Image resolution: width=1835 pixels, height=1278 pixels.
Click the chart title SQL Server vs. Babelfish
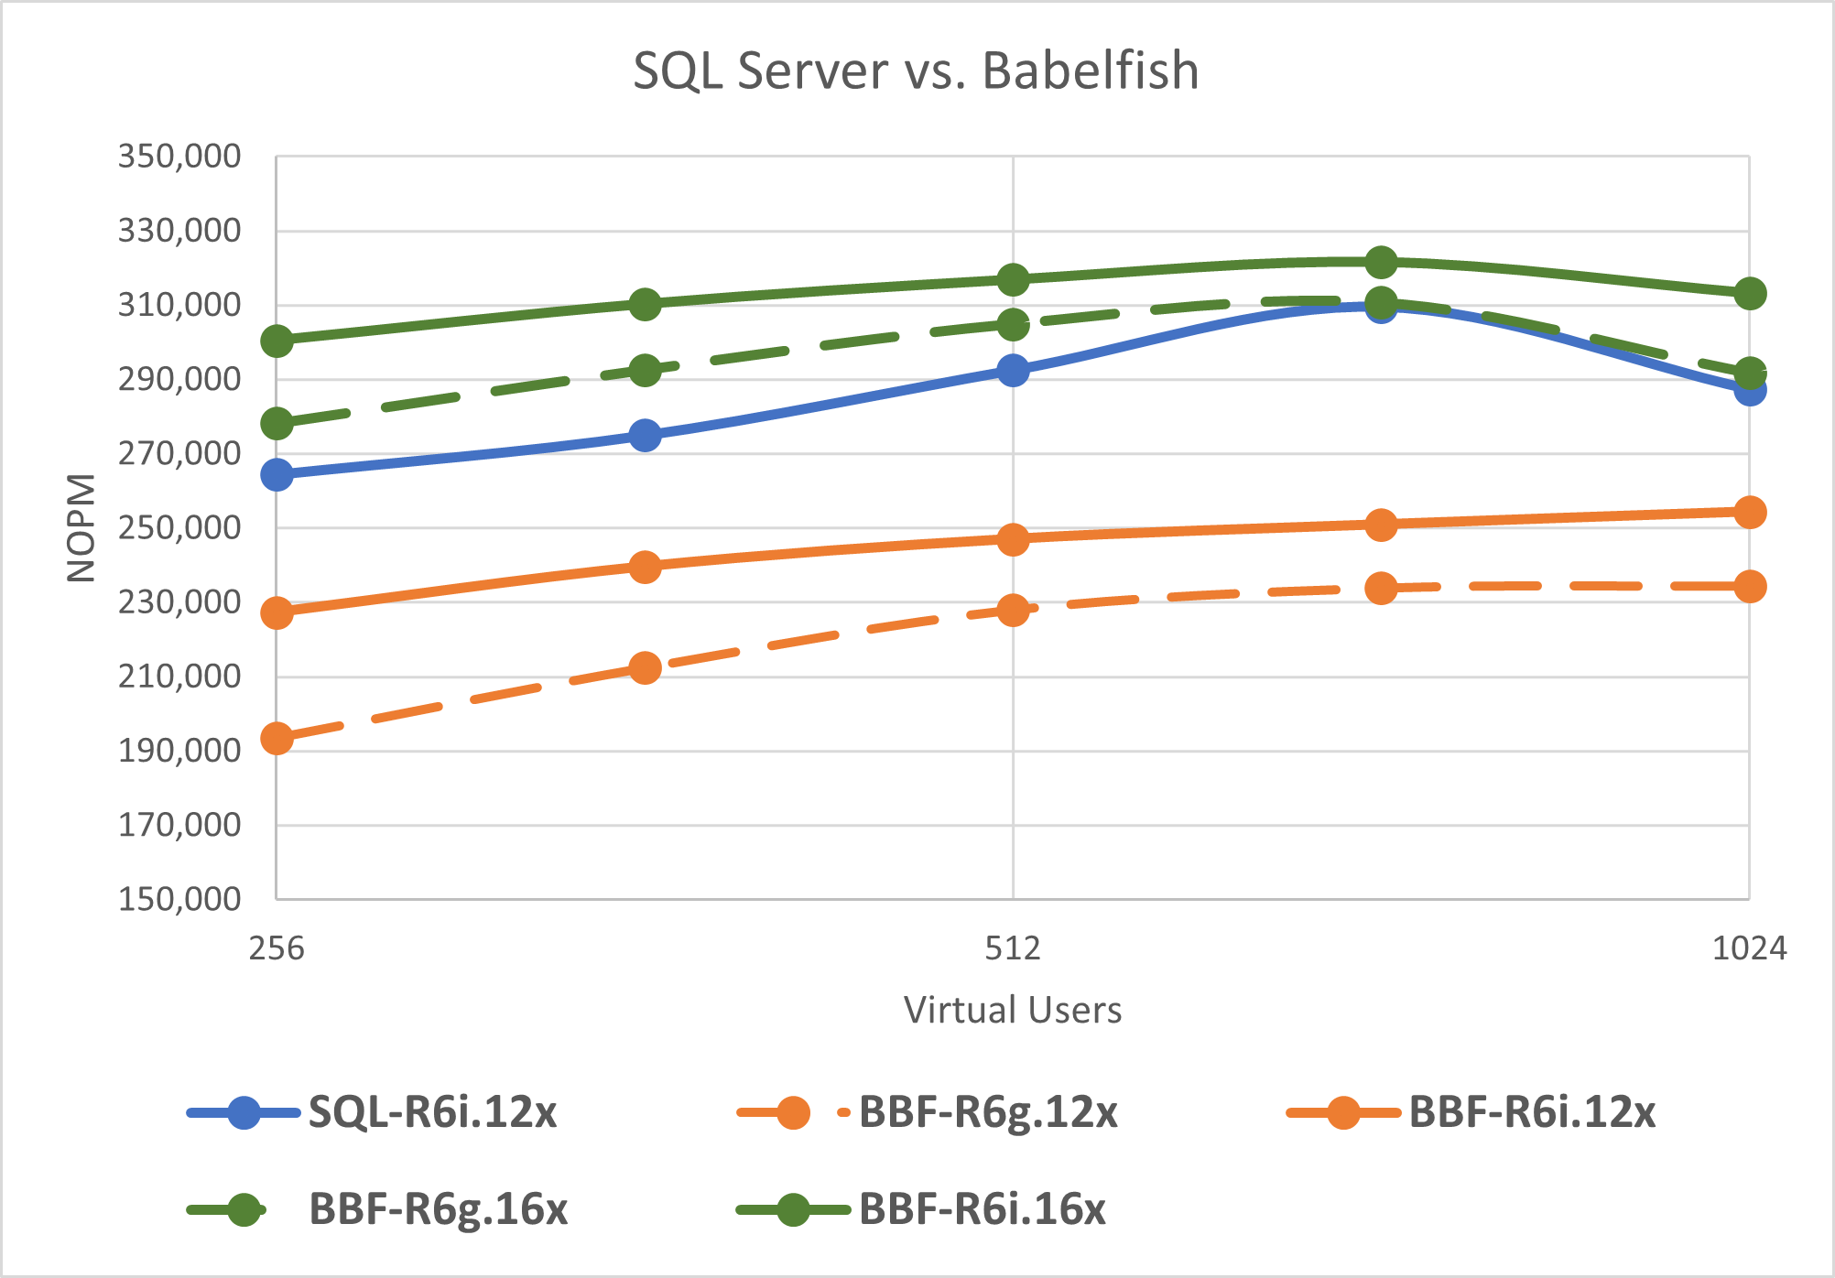pos(916,70)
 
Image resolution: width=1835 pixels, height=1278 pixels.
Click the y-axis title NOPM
pos(81,528)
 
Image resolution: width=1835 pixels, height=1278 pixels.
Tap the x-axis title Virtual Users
pos(1012,1010)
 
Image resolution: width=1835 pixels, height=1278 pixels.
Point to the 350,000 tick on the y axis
pos(179,157)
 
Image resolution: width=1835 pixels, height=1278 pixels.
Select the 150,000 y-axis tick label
pos(179,899)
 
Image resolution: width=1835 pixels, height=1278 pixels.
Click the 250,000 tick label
pos(179,527)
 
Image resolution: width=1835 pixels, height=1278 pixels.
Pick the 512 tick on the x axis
pos(1013,948)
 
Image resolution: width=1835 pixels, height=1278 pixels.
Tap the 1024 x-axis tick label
pos(1749,948)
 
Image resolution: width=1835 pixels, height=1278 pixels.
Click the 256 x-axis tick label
pos(277,948)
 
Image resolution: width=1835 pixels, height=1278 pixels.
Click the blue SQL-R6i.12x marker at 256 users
pos(277,474)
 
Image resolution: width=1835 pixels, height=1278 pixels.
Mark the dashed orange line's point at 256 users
pos(277,738)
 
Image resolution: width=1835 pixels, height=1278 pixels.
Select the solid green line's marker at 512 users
pos(1013,279)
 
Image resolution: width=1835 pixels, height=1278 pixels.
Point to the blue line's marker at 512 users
pos(1013,370)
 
